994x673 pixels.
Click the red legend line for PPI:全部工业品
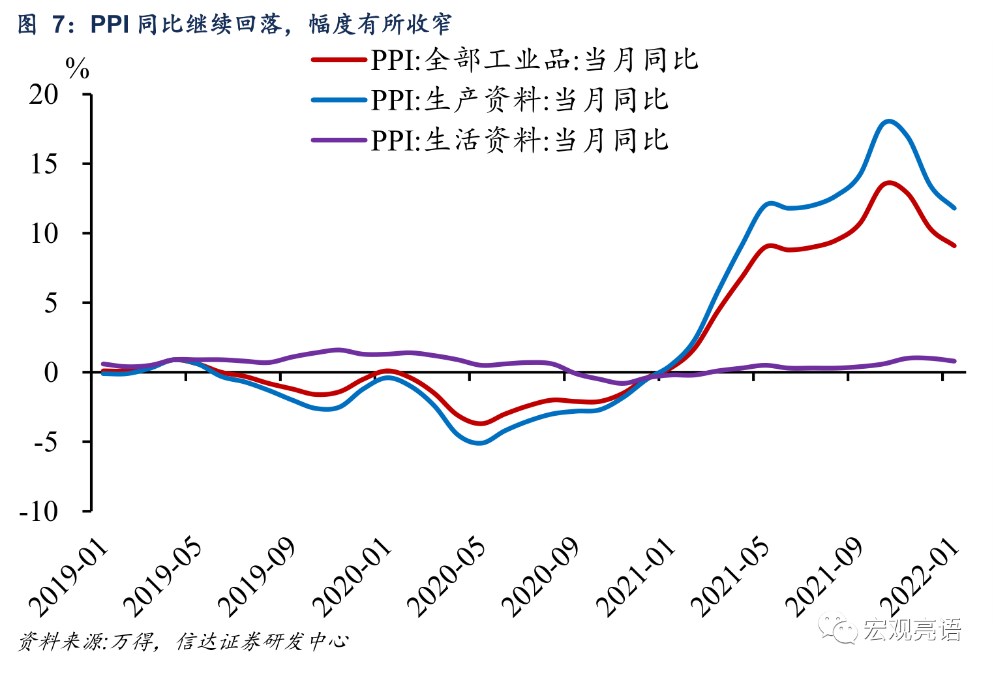(339, 60)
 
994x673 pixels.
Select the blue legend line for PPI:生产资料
(339, 100)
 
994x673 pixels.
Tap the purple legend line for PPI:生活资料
(339, 140)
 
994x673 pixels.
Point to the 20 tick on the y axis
(44, 95)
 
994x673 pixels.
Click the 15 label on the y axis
(44, 164)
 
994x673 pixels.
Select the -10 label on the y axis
(39, 512)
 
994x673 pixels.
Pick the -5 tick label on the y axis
(44, 442)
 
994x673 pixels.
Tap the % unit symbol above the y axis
(78, 69)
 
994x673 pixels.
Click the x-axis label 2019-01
(70, 578)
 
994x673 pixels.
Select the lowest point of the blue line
(480, 443)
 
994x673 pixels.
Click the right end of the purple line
(954, 361)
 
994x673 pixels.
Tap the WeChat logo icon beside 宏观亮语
(839, 628)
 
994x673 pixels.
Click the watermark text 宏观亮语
(912, 629)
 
